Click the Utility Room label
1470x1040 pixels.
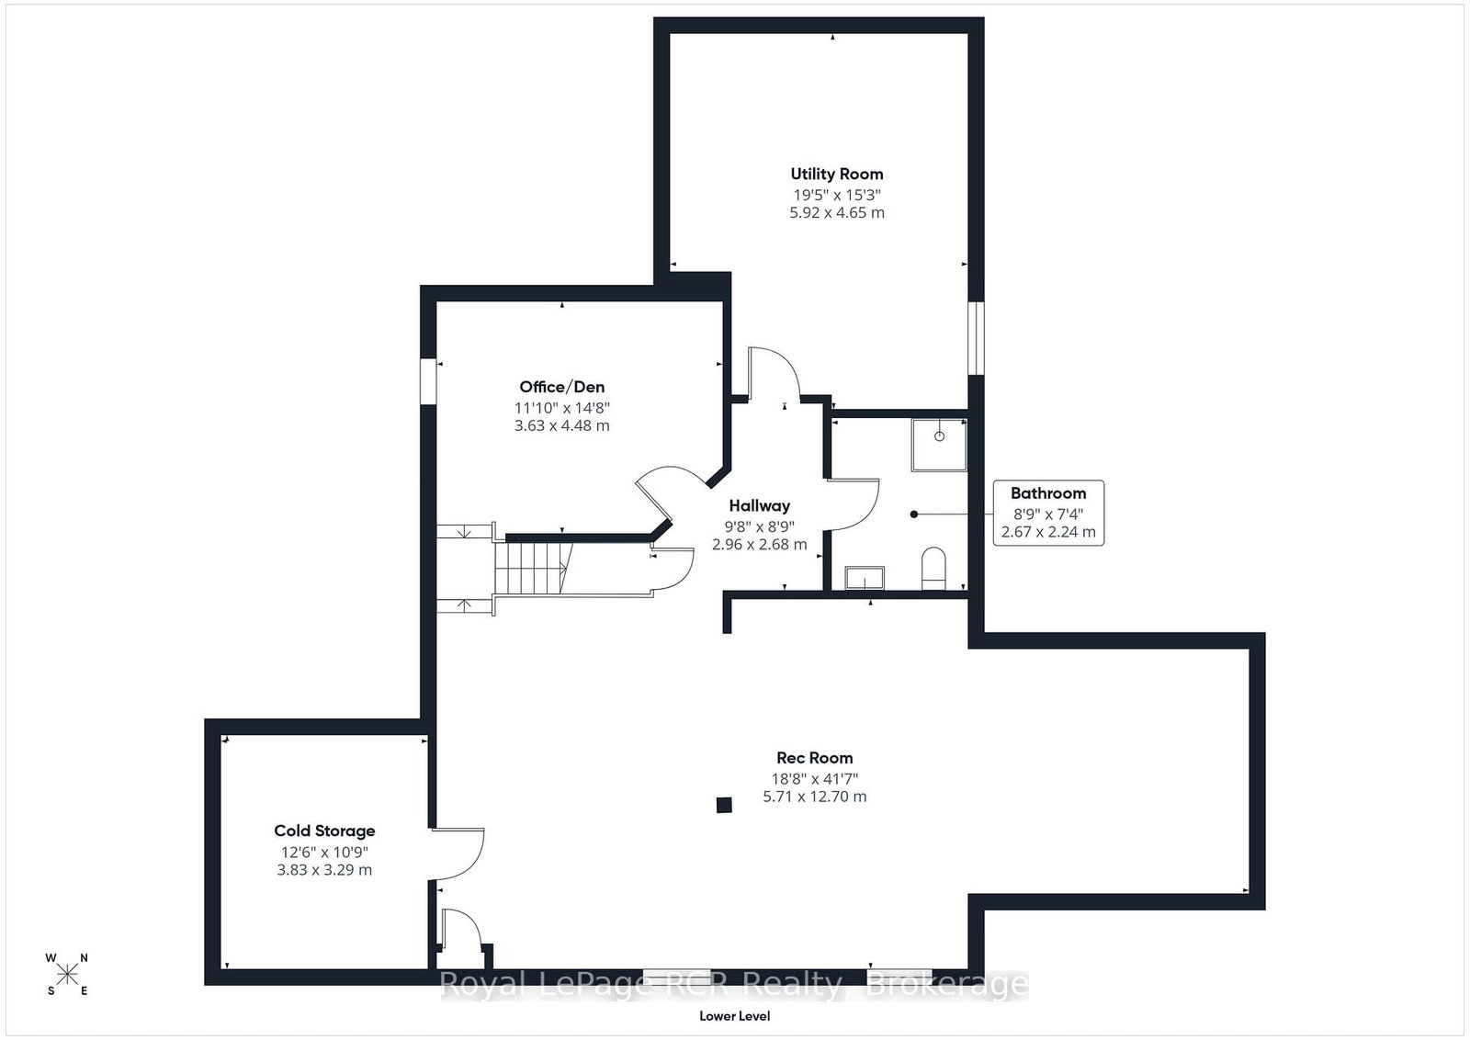point(837,174)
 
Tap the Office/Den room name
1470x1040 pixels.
point(561,387)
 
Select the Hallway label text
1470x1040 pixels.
point(759,506)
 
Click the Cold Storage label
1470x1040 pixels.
point(324,831)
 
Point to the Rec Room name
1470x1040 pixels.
point(814,758)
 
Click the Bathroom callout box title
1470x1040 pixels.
point(1048,493)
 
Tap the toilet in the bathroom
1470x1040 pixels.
point(933,568)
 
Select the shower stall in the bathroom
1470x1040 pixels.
point(938,445)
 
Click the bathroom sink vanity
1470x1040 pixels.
point(865,578)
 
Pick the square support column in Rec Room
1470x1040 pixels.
point(724,805)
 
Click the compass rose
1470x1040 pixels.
point(67,975)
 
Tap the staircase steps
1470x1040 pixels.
point(533,568)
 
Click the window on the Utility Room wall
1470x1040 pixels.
point(976,338)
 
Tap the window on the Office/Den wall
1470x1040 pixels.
point(428,381)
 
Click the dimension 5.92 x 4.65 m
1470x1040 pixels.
point(837,212)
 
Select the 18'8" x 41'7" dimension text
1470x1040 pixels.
point(814,779)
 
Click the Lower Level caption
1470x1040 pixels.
point(734,1016)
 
